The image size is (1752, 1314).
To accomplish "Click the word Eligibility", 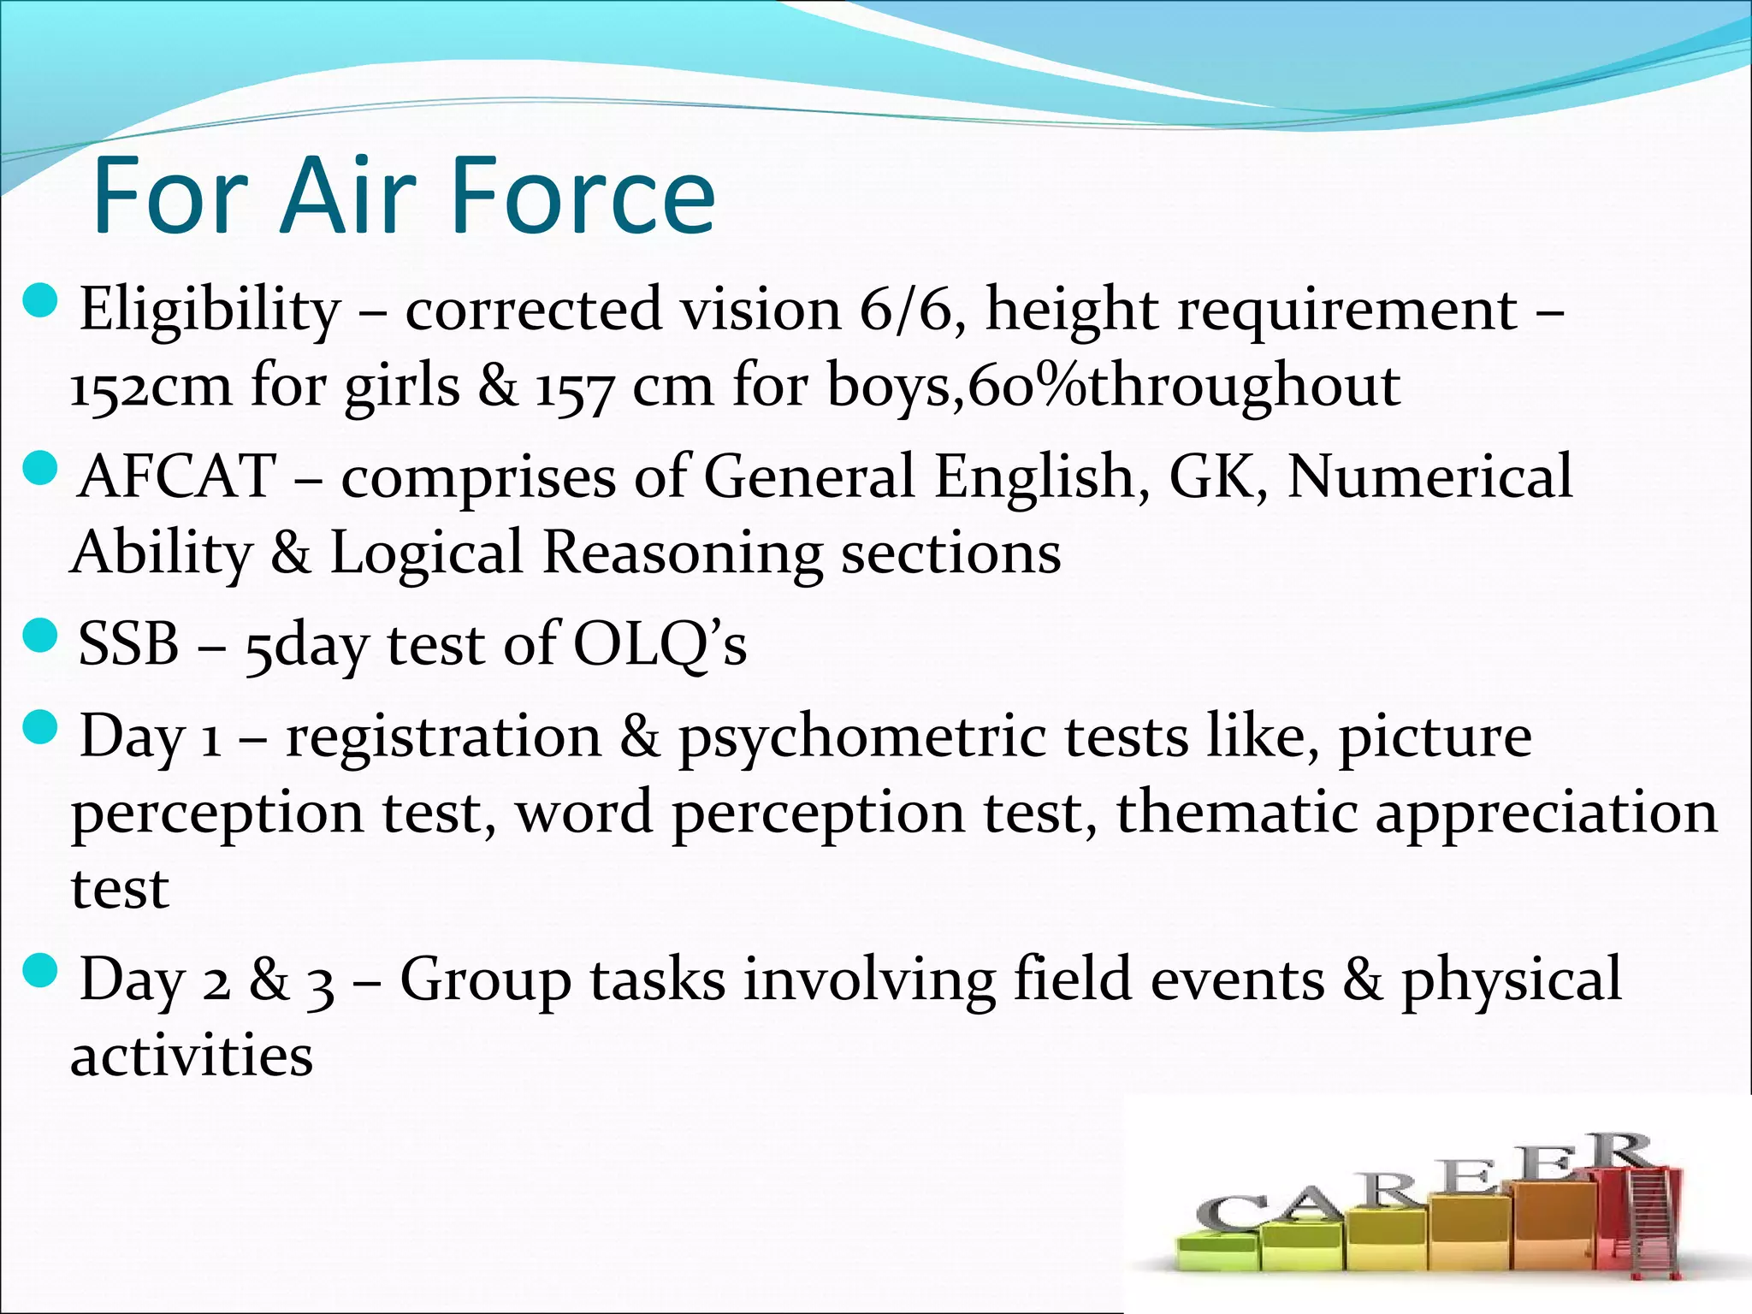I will [x=210, y=310].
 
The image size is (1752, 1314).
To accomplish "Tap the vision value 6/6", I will [x=907, y=310].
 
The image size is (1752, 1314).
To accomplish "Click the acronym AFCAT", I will [x=176, y=476].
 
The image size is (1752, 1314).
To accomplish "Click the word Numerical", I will [x=1429, y=476].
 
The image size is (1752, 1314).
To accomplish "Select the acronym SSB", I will [x=128, y=644].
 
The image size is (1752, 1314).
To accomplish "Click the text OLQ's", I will [x=660, y=644].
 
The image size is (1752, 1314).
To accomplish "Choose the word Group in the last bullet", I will [x=486, y=980].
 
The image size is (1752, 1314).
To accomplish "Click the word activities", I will [x=192, y=1056].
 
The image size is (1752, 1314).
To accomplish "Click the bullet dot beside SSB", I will [x=40, y=636].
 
